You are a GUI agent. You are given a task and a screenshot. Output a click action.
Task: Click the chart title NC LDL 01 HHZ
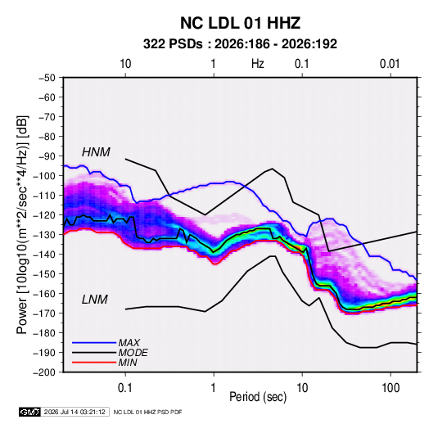[x=240, y=23]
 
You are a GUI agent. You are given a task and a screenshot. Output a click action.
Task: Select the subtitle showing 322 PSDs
[x=240, y=44]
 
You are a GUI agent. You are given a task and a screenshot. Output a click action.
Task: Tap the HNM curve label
[x=96, y=152]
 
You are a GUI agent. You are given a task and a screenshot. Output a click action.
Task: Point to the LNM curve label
[x=95, y=300]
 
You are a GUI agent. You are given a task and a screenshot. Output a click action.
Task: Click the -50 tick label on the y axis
[x=47, y=78]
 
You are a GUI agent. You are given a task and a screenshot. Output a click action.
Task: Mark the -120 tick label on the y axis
[x=45, y=215]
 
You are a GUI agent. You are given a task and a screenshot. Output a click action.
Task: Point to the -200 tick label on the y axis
[x=45, y=372]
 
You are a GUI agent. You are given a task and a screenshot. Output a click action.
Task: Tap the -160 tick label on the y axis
[x=45, y=294]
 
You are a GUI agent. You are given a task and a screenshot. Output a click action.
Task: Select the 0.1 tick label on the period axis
[x=125, y=388]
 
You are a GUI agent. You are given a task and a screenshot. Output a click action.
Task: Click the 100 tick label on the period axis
[x=391, y=388]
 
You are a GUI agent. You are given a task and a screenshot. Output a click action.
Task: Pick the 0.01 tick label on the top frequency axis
[x=390, y=64]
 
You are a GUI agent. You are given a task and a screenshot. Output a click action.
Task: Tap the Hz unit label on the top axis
[x=258, y=64]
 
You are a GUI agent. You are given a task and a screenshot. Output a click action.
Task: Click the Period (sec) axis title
[x=258, y=397]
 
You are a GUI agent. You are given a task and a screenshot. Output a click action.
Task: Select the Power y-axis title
[x=22, y=224]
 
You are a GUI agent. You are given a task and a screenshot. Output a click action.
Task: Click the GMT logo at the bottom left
[x=29, y=412]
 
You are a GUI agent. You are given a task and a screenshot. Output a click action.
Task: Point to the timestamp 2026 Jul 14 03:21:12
[x=75, y=412]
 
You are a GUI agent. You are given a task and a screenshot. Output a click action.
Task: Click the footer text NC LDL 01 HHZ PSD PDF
[x=147, y=412]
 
